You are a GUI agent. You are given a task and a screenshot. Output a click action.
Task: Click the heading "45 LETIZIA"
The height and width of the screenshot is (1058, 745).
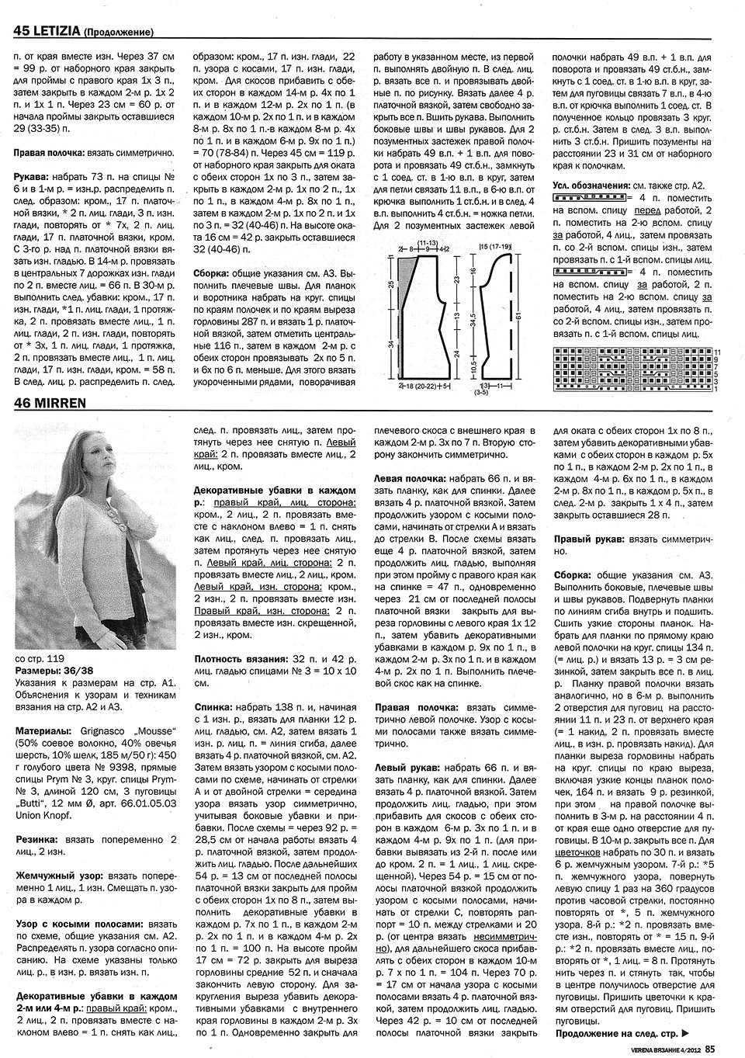tap(40, 31)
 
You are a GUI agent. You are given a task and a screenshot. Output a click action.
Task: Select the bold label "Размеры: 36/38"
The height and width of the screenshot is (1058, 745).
tap(55, 670)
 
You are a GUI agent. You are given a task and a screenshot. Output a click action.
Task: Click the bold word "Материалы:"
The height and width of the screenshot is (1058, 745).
tap(45, 732)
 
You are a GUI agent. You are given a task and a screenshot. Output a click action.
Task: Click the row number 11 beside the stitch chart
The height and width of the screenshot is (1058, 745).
tap(716, 353)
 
